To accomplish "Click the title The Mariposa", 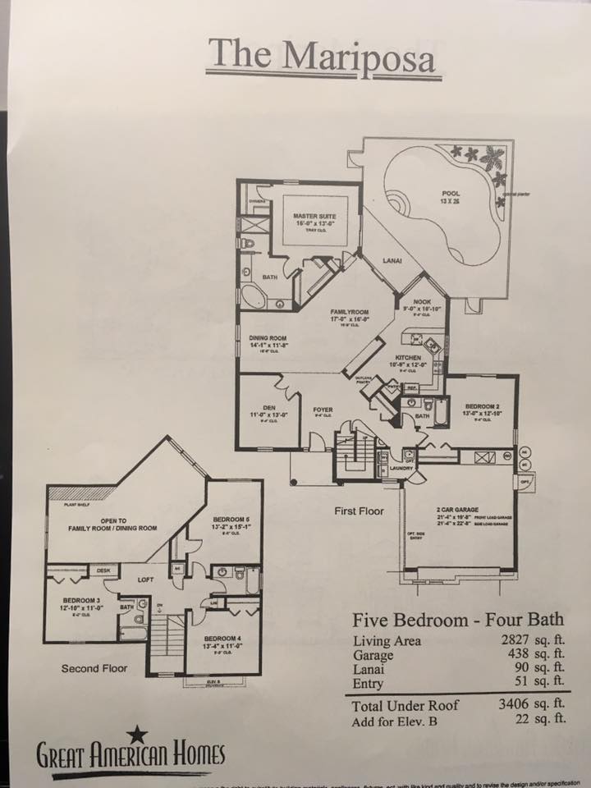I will (322, 55).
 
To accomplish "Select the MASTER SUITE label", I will (315, 218).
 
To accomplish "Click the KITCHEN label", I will (408, 358).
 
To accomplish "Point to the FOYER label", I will (323, 407).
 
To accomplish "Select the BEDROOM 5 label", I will (231, 520).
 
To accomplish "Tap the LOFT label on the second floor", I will (146, 580).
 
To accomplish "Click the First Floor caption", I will (359, 511).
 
